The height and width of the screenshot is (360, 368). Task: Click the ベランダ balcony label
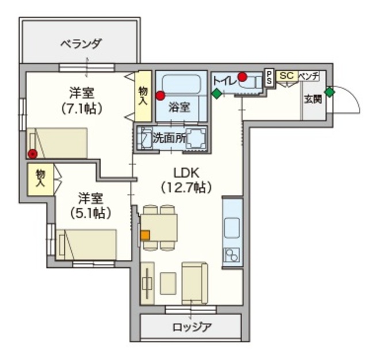coord(81,43)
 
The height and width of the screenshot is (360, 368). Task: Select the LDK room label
coord(189,173)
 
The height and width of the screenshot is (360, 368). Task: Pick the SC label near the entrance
coord(286,75)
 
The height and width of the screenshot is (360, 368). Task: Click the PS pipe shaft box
coord(269,78)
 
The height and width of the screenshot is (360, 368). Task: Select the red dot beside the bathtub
coord(160,95)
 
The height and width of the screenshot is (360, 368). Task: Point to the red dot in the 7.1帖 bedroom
coord(33,154)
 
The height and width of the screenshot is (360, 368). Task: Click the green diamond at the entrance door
coord(329,91)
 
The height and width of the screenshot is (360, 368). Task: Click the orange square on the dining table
coord(145,235)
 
